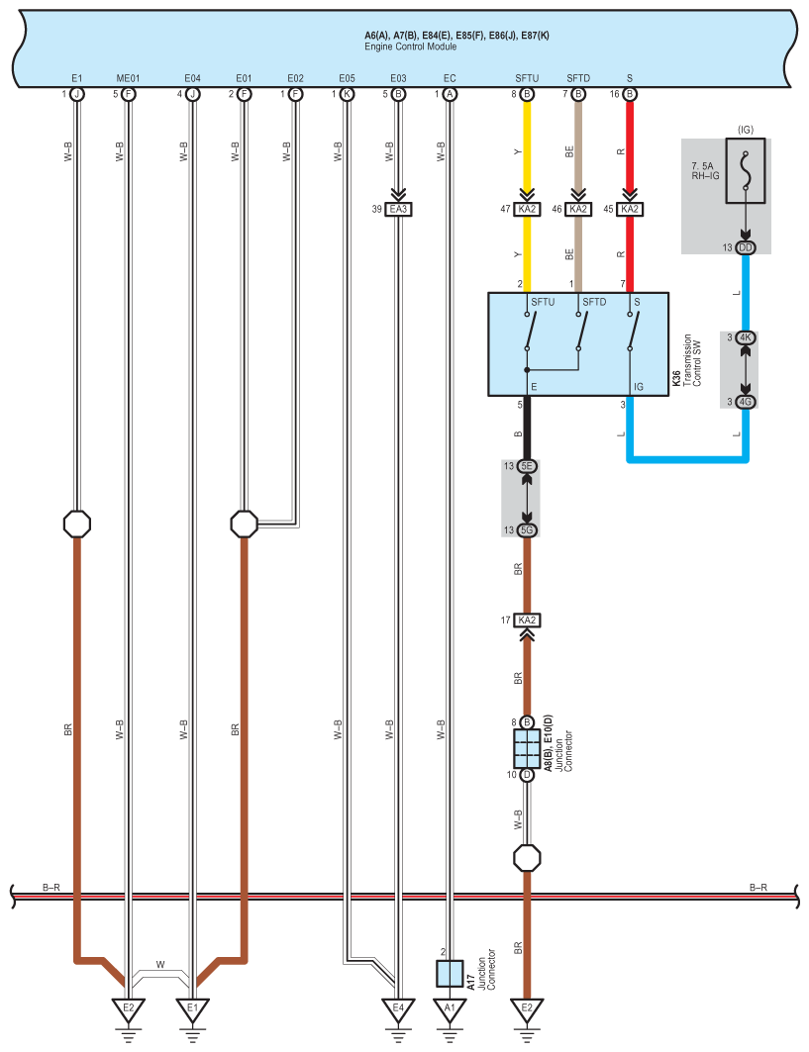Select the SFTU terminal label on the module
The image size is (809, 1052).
pyautogui.click(x=526, y=77)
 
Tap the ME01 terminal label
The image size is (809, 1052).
pyautogui.click(x=129, y=77)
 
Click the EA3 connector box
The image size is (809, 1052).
pyautogui.click(x=398, y=209)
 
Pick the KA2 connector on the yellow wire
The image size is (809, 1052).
pyautogui.click(x=527, y=209)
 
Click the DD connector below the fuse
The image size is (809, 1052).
pyautogui.click(x=747, y=247)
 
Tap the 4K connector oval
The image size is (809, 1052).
pyautogui.click(x=747, y=337)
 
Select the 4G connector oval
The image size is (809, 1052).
pyautogui.click(x=747, y=402)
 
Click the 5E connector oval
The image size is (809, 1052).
pyautogui.click(x=527, y=466)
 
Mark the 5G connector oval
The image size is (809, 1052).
pyautogui.click(x=527, y=530)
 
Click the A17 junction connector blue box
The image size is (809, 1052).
pyautogui.click(x=450, y=973)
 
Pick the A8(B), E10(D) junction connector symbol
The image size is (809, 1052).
pyautogui.click(x=527, y=749)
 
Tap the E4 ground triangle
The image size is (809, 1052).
pyautogui.click(x=398, y=1008)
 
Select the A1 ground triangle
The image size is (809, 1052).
pyautogui.click(x=450, y=1008)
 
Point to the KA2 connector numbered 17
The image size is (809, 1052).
pyautogui.click(x=527, y=621)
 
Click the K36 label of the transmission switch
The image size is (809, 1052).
pyautogui.click(x=676, y=378)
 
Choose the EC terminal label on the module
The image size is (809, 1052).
pyautogui.click(x=450, y=77)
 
